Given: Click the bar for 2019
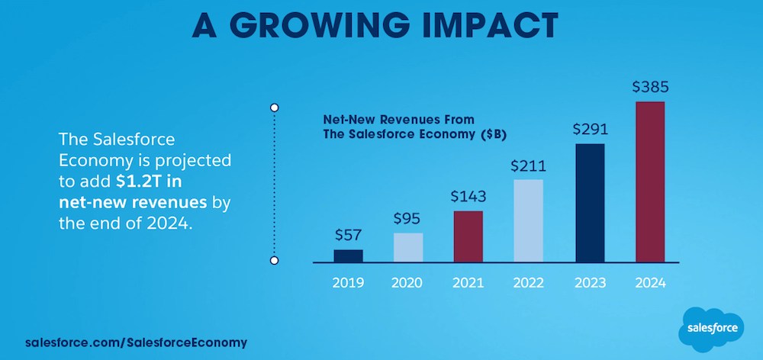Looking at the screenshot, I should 349,256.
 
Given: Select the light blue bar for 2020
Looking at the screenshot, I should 408,247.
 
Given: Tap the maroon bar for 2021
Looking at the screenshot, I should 468,236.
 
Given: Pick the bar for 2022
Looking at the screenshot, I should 528,220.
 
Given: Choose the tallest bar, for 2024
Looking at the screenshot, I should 650,182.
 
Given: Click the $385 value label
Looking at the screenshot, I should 650,88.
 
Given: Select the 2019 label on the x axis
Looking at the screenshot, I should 349,282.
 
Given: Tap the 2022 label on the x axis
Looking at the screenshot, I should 528,282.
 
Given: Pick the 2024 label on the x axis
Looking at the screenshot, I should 650,282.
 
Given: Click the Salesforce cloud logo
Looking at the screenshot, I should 710,326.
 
